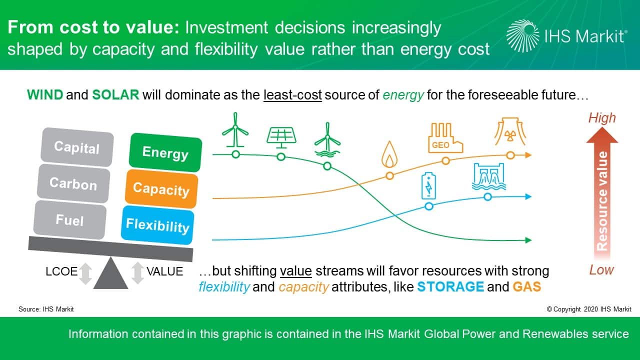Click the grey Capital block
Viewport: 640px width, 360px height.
[x=77, y=147]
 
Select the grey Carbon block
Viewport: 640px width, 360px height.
[x=73, y=183]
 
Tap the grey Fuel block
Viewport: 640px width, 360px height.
[x=69, y=219]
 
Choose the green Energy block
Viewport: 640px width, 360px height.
[x=165, y=152]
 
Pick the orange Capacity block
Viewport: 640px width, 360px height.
[x=161, y=189]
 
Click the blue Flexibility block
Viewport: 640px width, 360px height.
[x=157, y=225]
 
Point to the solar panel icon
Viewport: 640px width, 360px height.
[x=281, y=137]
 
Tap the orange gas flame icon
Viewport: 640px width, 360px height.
[x=389, y=154]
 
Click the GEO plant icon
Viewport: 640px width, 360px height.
[x=445, y=137]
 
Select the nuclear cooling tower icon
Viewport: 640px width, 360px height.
[x=510, y=131]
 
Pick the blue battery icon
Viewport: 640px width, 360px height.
[x=428, y=185]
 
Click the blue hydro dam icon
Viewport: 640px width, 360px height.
[x=488, y=176]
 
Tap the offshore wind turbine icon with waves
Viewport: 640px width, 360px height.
[x=327, y=139]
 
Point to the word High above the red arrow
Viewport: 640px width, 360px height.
[x=602, y=117]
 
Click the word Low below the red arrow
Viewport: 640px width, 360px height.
[x=601, y=269]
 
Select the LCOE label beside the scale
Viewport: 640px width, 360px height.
[x=61, y=271]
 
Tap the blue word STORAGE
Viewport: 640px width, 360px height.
[x=450, y=286]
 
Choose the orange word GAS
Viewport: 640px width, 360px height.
[x=527, y=286]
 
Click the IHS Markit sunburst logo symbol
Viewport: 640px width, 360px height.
[x=523, y=36]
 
